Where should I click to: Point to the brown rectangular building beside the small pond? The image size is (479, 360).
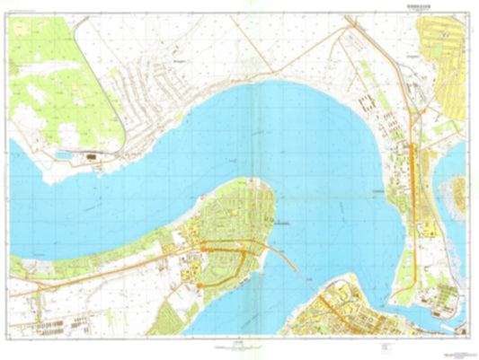pyautogui.click(x=93, y=158)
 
